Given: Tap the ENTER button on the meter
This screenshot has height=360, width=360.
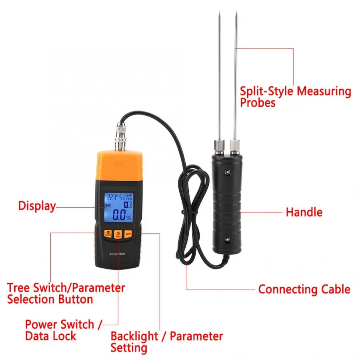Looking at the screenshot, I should pos(107,234).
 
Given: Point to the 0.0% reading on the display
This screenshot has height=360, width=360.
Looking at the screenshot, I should pos(121,216).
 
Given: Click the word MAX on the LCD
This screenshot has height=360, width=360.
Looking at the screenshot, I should pos(108,206).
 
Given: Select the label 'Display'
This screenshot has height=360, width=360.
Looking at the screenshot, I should pos(37,206).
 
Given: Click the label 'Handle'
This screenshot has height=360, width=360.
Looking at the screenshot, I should pos(304,212).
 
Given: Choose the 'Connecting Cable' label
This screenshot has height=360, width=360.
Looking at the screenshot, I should pos(304,289).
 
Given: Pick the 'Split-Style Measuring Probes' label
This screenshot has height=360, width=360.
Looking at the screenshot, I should pos(295,97).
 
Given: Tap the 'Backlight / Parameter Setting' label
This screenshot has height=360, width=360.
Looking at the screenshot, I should pos(166,342).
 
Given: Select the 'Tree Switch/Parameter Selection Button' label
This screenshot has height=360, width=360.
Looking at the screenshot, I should pos(66,293).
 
